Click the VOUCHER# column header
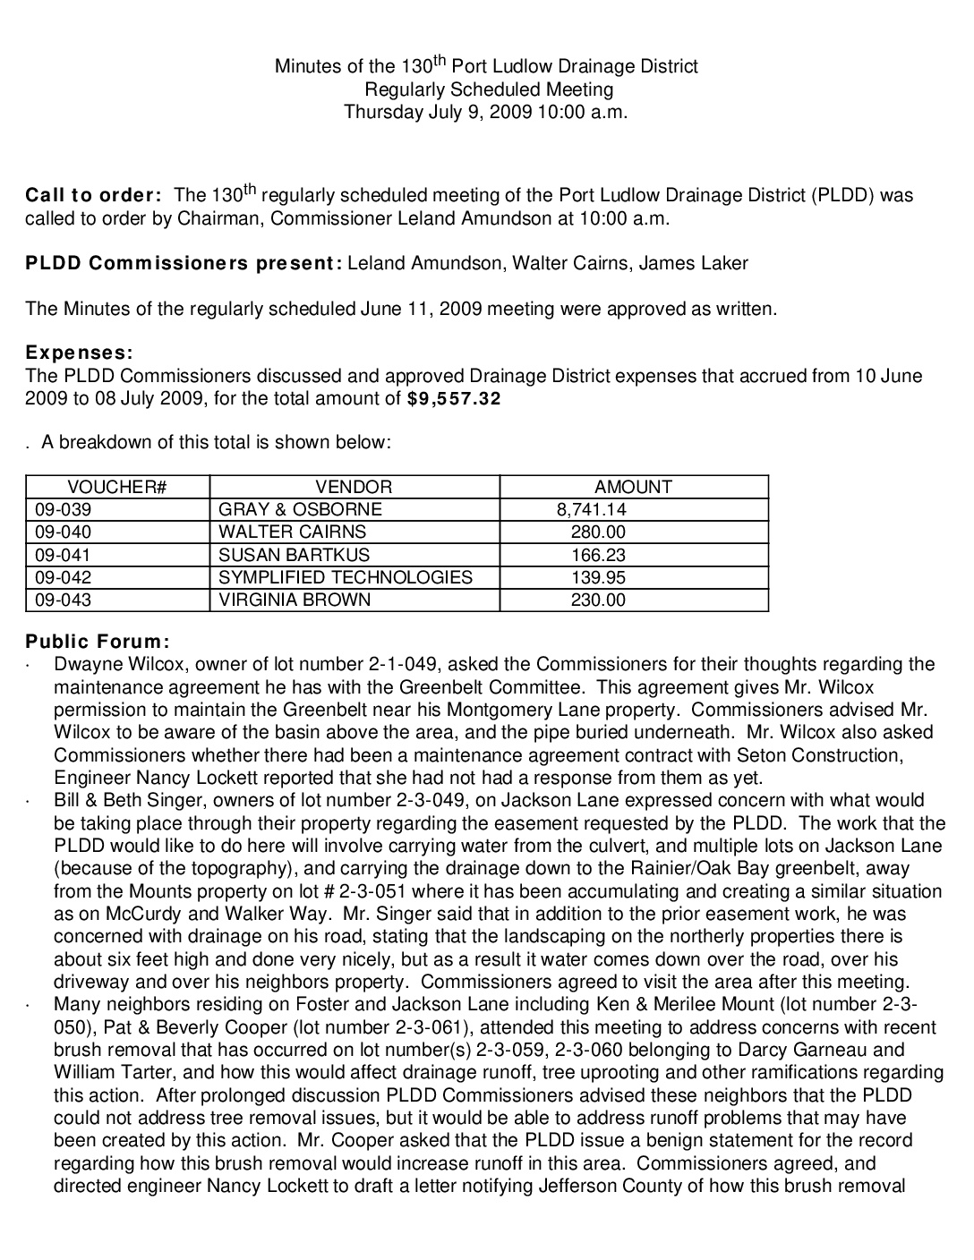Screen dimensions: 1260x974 pyautogui.click(x=117, y=487)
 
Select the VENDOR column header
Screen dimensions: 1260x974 pyautogui.click(x=354, y=487)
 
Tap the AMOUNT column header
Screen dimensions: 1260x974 pyautogui.click(x=633, y=487)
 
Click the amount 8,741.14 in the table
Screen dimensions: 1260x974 pyautogui.click(x=591, y=509)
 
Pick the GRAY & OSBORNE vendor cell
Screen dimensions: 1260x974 pyautogui.click(x=300, y=509)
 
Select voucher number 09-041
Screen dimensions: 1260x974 pyautogui.click(x=63, y=555)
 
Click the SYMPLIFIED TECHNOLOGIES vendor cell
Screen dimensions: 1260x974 pyautogui.click(x=346, y=577)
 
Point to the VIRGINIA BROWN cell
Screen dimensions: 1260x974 pyautogui.click(x=295, y=600)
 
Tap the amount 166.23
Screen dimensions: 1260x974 pyautogui.click(x=598, y=555)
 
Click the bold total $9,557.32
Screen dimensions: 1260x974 pyautogui.click(x=454, y=399)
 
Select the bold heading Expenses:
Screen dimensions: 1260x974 pyautogui.click(x=80, y=353)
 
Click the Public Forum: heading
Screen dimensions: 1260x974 pyautogui.click(x=98, y=642)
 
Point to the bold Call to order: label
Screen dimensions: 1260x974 pyautogui.click(x=94, y=196)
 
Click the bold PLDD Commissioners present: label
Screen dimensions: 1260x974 pyautogui.click(x=184, y=263)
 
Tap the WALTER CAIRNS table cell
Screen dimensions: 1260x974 pyautogui.click(x=280, y=532)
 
